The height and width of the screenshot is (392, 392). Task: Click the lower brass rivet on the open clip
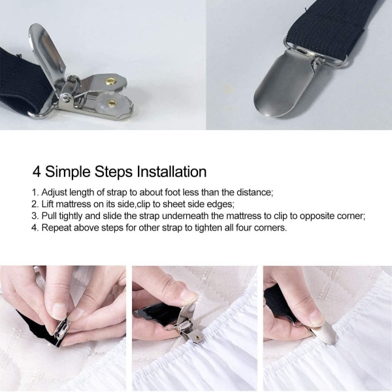click(x=112, y=103)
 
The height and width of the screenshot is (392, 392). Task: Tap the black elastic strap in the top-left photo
click(x=22, y=80)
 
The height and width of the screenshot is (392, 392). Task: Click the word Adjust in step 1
click(x=54, y=193)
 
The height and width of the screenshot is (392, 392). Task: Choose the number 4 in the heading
click(x=37, y=172)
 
